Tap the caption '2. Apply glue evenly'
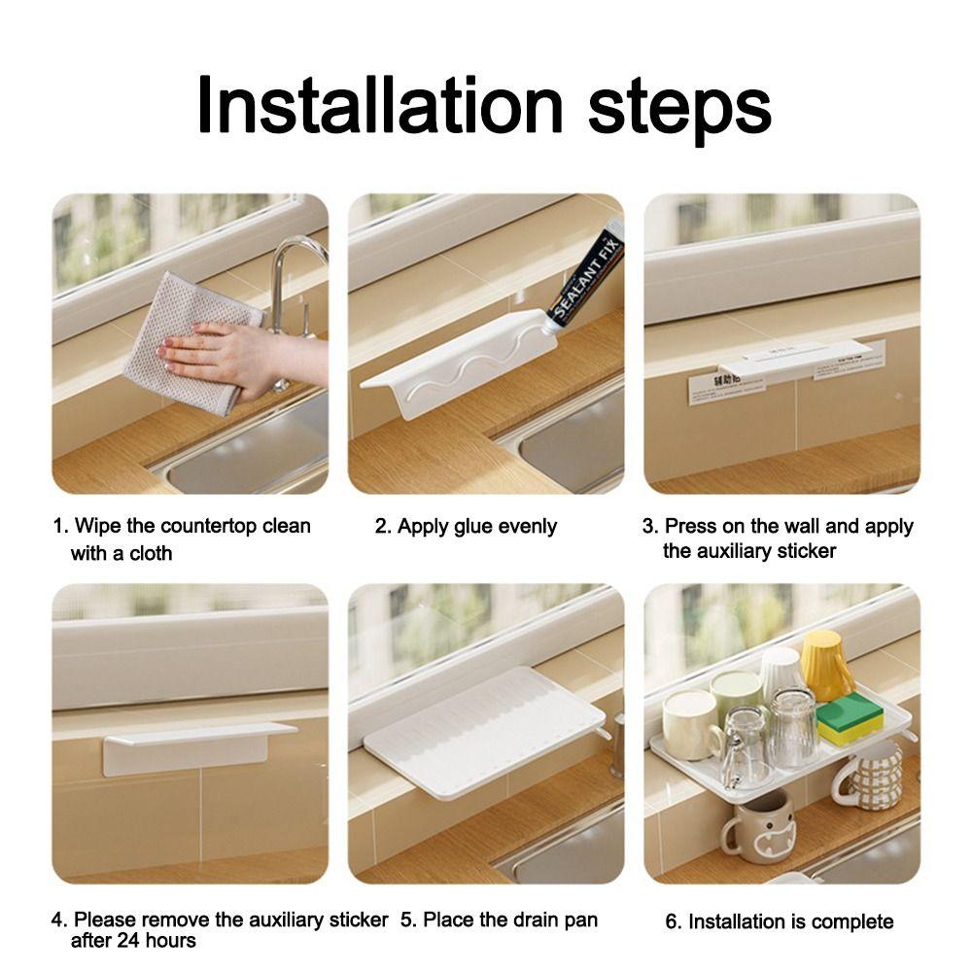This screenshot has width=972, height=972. [466, 527]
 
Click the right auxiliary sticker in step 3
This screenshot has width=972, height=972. [849, 361]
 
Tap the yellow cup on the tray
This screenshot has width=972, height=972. [827, 665]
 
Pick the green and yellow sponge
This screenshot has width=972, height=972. [849, 719]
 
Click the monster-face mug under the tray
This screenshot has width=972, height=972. [761, 825]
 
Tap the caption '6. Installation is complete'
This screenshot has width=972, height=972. [779, 921]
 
